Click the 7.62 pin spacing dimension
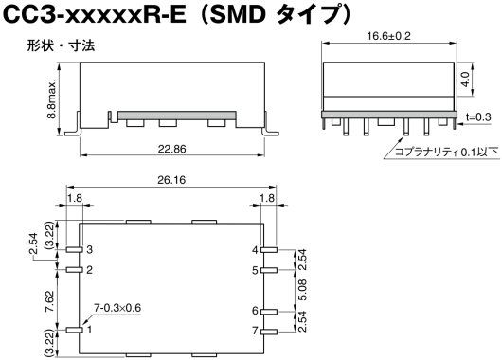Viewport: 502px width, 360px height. coord(35,300)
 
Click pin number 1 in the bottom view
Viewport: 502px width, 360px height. coord(89,330)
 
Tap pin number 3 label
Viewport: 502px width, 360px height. coord(89,249)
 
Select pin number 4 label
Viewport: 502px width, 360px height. coord(255,249)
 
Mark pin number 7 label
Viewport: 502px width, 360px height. coord(255,330)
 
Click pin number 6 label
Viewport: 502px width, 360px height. coord(255,311)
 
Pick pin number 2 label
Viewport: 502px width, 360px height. coord(89,270)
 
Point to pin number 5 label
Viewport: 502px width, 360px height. coord(255,270)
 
